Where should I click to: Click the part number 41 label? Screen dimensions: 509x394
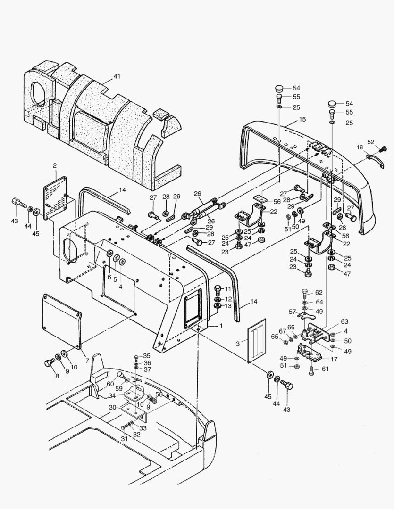117,76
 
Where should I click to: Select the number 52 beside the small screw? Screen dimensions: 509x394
370,142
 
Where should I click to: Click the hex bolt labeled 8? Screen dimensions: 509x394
49,363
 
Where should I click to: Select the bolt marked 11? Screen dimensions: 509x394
218,288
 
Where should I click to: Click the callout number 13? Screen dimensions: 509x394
228,306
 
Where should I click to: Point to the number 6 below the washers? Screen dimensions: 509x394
109,277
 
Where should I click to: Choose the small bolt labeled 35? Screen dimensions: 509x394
136,357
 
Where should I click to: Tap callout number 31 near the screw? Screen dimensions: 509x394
124,439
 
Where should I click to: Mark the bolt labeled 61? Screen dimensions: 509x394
311,370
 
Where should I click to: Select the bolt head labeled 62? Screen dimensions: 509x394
304,293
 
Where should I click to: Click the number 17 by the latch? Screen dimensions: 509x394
334,359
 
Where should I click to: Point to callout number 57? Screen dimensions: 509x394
292,312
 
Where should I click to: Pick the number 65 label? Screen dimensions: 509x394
275,336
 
